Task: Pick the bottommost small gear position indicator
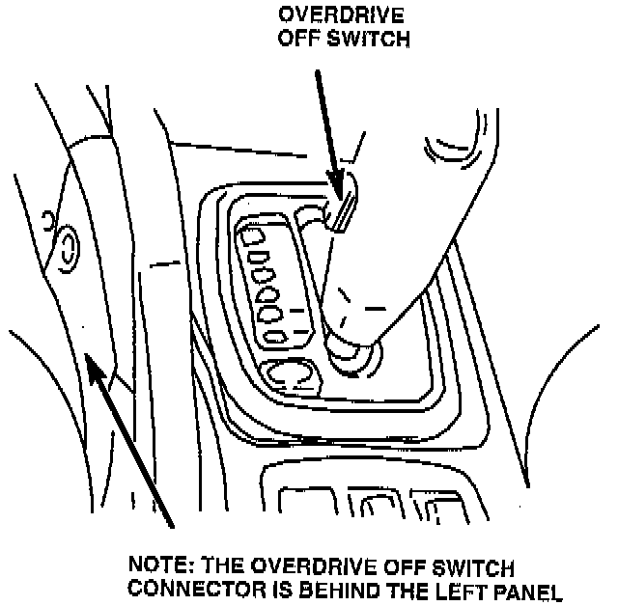click(x=276, y=336)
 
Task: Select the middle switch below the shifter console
click(x=372, y=505)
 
